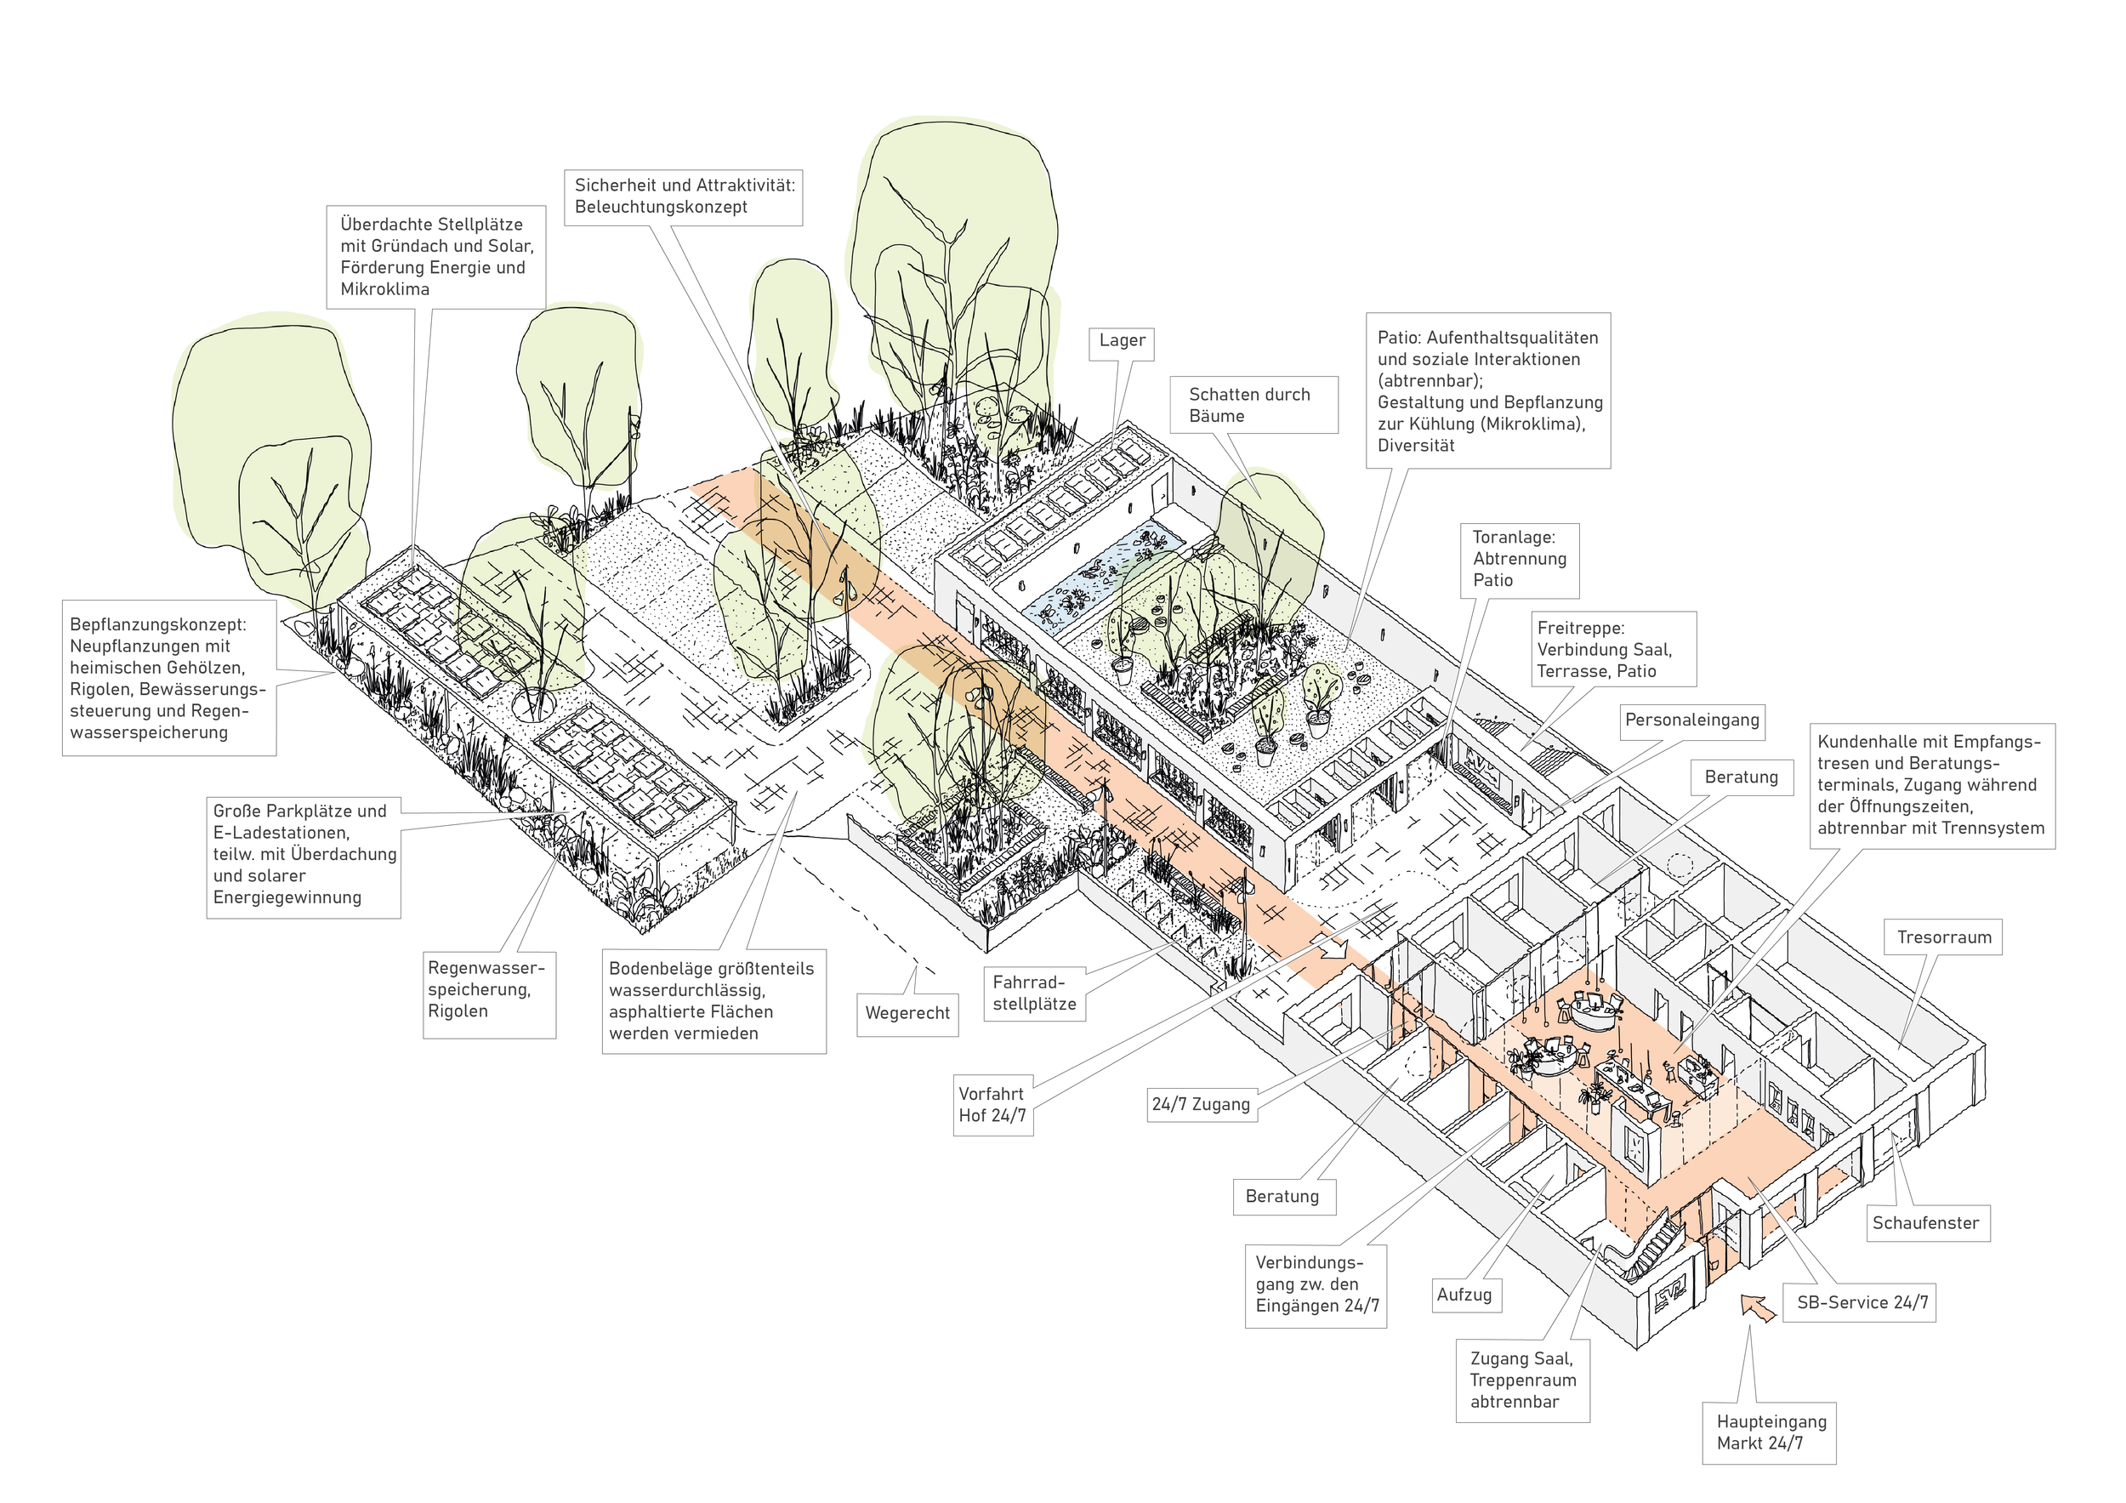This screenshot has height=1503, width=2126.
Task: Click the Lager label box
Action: click(1122, 341)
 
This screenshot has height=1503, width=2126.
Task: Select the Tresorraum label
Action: click(1942, 937)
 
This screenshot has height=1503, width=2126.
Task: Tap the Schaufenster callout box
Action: click(1925, 1222)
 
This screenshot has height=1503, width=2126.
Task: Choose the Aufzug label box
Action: click(1464, 1295)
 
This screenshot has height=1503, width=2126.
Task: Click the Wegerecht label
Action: click(907, 1013)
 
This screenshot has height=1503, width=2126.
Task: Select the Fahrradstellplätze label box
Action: click(1034, 993)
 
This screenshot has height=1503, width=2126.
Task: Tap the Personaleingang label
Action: click(1691, 720)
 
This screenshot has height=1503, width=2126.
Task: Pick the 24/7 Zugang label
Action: click(1201, 1104)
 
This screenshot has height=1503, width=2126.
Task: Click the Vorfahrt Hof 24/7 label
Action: click(992, 1105)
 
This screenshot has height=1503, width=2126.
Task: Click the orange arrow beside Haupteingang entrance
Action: click(1759, 1307)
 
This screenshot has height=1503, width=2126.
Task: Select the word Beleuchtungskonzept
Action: click(660, 207)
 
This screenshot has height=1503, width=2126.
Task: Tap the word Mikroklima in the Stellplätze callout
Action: click(384, 289)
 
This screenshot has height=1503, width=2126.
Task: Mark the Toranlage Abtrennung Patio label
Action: click(1520, 559)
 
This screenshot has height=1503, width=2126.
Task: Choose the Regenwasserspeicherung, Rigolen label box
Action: click(487, 990)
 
